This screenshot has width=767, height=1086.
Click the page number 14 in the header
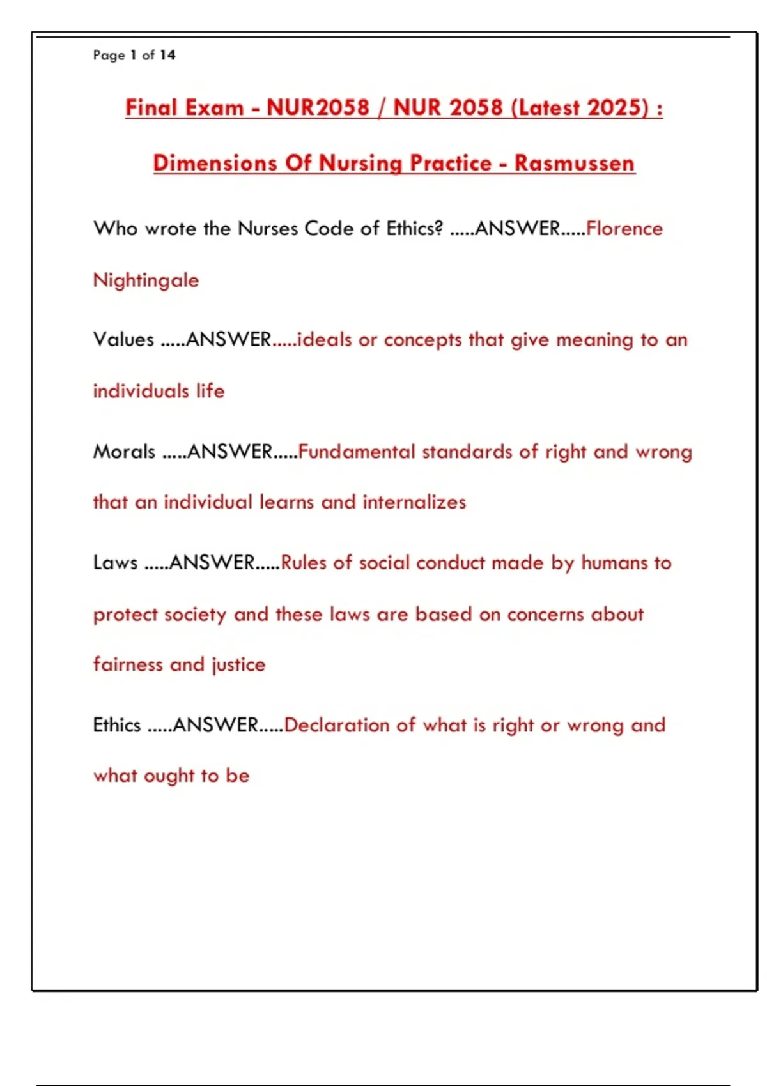point(167,56)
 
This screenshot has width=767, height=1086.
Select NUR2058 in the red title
point(318,107)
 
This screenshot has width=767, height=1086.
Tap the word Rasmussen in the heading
point(574,163)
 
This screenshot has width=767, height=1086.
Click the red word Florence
point(624,229)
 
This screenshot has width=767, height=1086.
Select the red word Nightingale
point(146,280)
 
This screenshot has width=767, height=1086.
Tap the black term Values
point(123,339)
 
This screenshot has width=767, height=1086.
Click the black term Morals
point(124,452)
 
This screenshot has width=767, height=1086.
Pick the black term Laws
point(115,563)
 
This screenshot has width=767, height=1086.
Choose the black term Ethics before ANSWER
point(117,725)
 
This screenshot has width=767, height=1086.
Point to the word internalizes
point(414,502)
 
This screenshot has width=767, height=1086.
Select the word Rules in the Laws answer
point(304,563)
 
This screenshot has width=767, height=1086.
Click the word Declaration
point(337,725)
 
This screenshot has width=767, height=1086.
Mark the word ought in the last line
point(169,776)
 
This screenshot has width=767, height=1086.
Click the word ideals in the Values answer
point(325,339)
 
